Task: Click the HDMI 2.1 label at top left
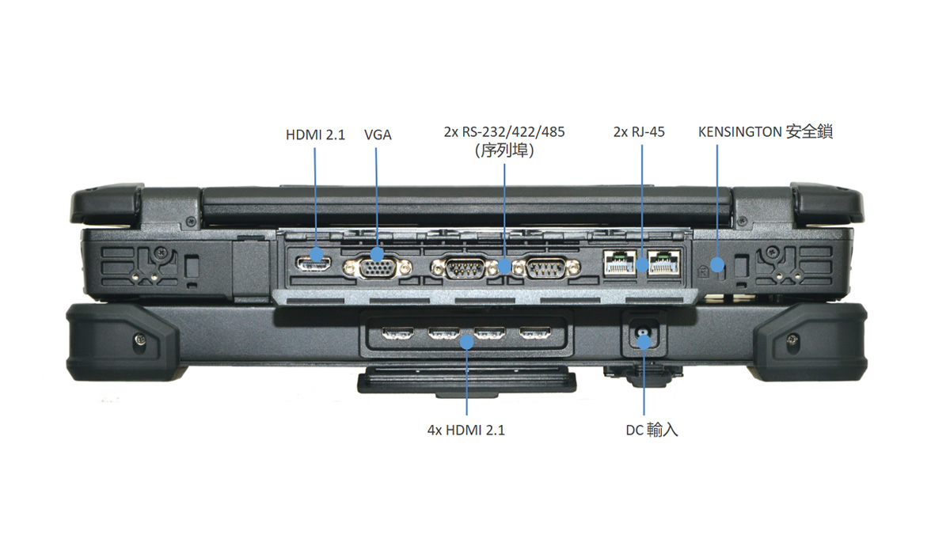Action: [x=315, y=135]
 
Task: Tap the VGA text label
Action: [x=378, y=135]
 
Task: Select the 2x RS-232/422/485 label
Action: [x=504, y=131]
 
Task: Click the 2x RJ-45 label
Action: [x=639, y=132]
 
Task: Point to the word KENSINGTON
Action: [x=739, y=132]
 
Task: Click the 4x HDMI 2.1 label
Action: [x=465, y=431]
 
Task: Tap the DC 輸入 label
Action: [x=651, y=431]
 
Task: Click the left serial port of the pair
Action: [x=465, y=269]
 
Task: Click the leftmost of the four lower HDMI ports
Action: [x=397, y=334]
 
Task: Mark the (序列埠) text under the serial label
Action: [x=504, y=150]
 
